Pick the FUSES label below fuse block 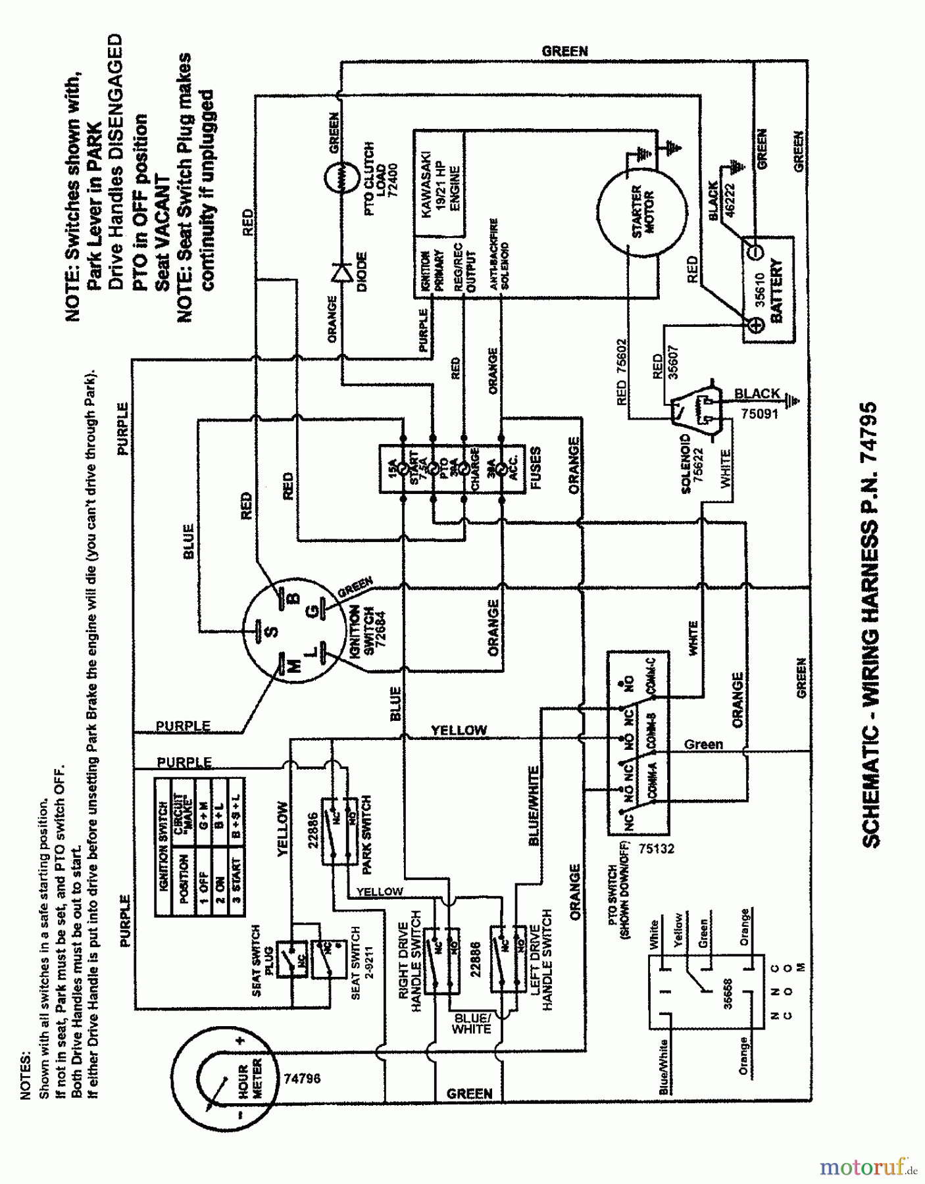click(535, 469)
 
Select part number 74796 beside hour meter click(302, 1079)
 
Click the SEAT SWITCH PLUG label click(262, 960)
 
